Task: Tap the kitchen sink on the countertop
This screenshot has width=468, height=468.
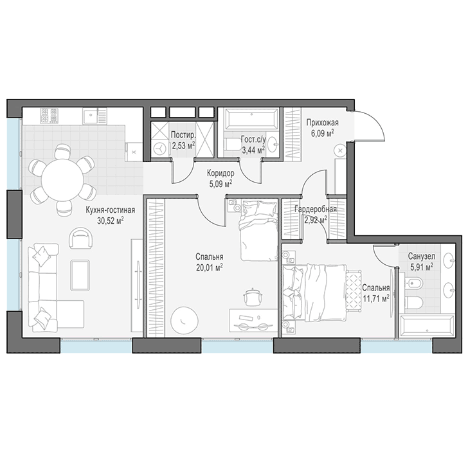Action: coord(91,116)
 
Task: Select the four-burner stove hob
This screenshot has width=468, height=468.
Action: coord(49,116)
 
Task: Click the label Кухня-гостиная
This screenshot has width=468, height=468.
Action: coord(110,210)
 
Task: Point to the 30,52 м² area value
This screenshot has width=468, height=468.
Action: coord(110,221)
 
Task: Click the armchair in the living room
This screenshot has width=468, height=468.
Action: coord(80,238)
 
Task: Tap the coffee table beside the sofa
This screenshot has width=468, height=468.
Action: coord(80,275)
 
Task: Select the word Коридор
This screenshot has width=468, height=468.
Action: coord(221,173)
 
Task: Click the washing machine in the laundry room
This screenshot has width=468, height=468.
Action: coord(160,148)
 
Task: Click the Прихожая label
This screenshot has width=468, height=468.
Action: coord(322,123)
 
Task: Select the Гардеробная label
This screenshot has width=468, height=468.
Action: coord(316,210)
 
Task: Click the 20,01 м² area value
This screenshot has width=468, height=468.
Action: coord(209,267)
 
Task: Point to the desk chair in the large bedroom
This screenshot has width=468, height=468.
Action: coord(253,296)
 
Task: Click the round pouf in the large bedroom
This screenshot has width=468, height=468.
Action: coord(184,320)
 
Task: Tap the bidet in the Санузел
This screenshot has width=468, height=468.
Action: coord(413,282)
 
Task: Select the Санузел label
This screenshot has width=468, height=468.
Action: coord(422,256)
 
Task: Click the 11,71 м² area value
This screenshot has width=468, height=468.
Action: coord(376,298)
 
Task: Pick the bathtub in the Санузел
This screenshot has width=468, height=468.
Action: coord(427,326)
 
